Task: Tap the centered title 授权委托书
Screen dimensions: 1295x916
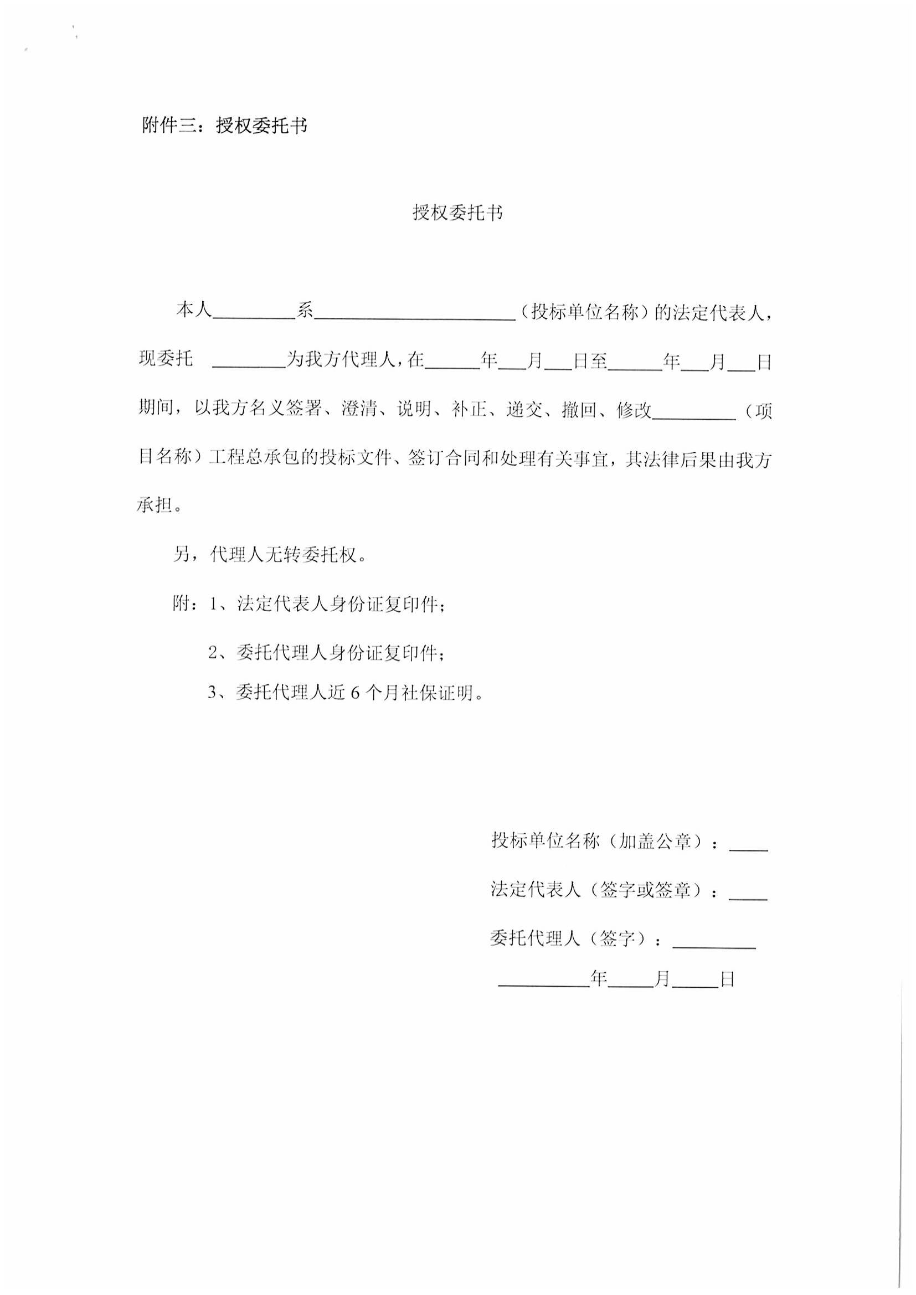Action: tap(457, 213)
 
